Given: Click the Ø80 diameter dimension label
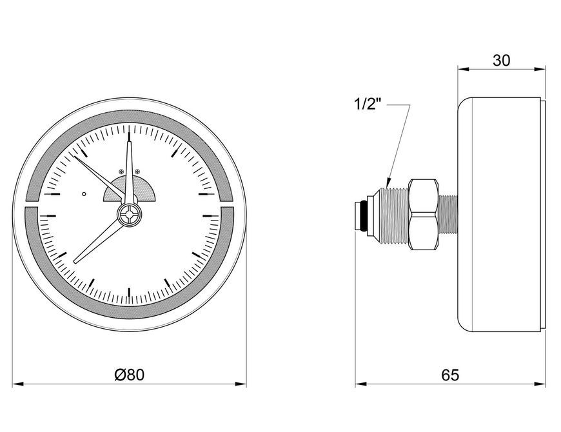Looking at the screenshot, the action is pos(130,375).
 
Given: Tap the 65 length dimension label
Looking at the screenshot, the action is pos(449,375).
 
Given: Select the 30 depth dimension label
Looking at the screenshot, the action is pos(501,61).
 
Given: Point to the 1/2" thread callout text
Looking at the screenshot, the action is pos(368,104).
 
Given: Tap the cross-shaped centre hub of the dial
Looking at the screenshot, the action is pos(129,215).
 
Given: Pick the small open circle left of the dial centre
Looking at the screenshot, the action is pos(84,194).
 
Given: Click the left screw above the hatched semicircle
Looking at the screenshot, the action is pos(122,172).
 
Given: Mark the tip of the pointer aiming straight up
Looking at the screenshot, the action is pos(129,142).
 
